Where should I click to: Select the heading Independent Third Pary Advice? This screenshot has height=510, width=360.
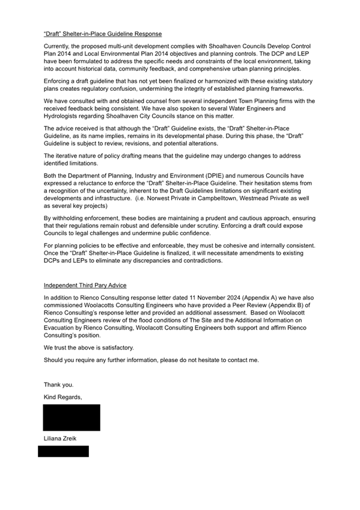pyautogui.click(x=85, y=284)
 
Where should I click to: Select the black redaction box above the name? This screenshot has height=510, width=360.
pyautogui.click(x=72, y=417)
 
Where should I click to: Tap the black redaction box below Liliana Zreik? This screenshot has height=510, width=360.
pyautogui.click(x=63, y=451)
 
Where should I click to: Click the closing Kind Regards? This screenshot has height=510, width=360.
pyautogui.click(x=63, y=397)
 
